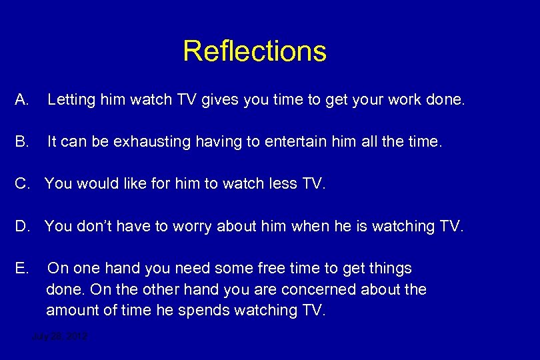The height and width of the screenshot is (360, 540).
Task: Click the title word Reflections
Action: (x=255, y=51)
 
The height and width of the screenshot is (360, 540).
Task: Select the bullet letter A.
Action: (x=21, y=101)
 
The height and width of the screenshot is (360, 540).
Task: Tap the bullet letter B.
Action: (x=21, y=141)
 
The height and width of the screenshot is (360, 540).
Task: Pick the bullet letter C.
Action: (x=21, y=183)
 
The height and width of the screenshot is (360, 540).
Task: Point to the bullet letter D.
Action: (x=21, y=227)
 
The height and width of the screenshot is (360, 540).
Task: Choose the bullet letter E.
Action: (x=21, y=269)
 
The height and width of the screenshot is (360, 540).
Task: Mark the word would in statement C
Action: (x=99, y=183)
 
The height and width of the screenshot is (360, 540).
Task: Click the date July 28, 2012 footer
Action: (x=60, y=337)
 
